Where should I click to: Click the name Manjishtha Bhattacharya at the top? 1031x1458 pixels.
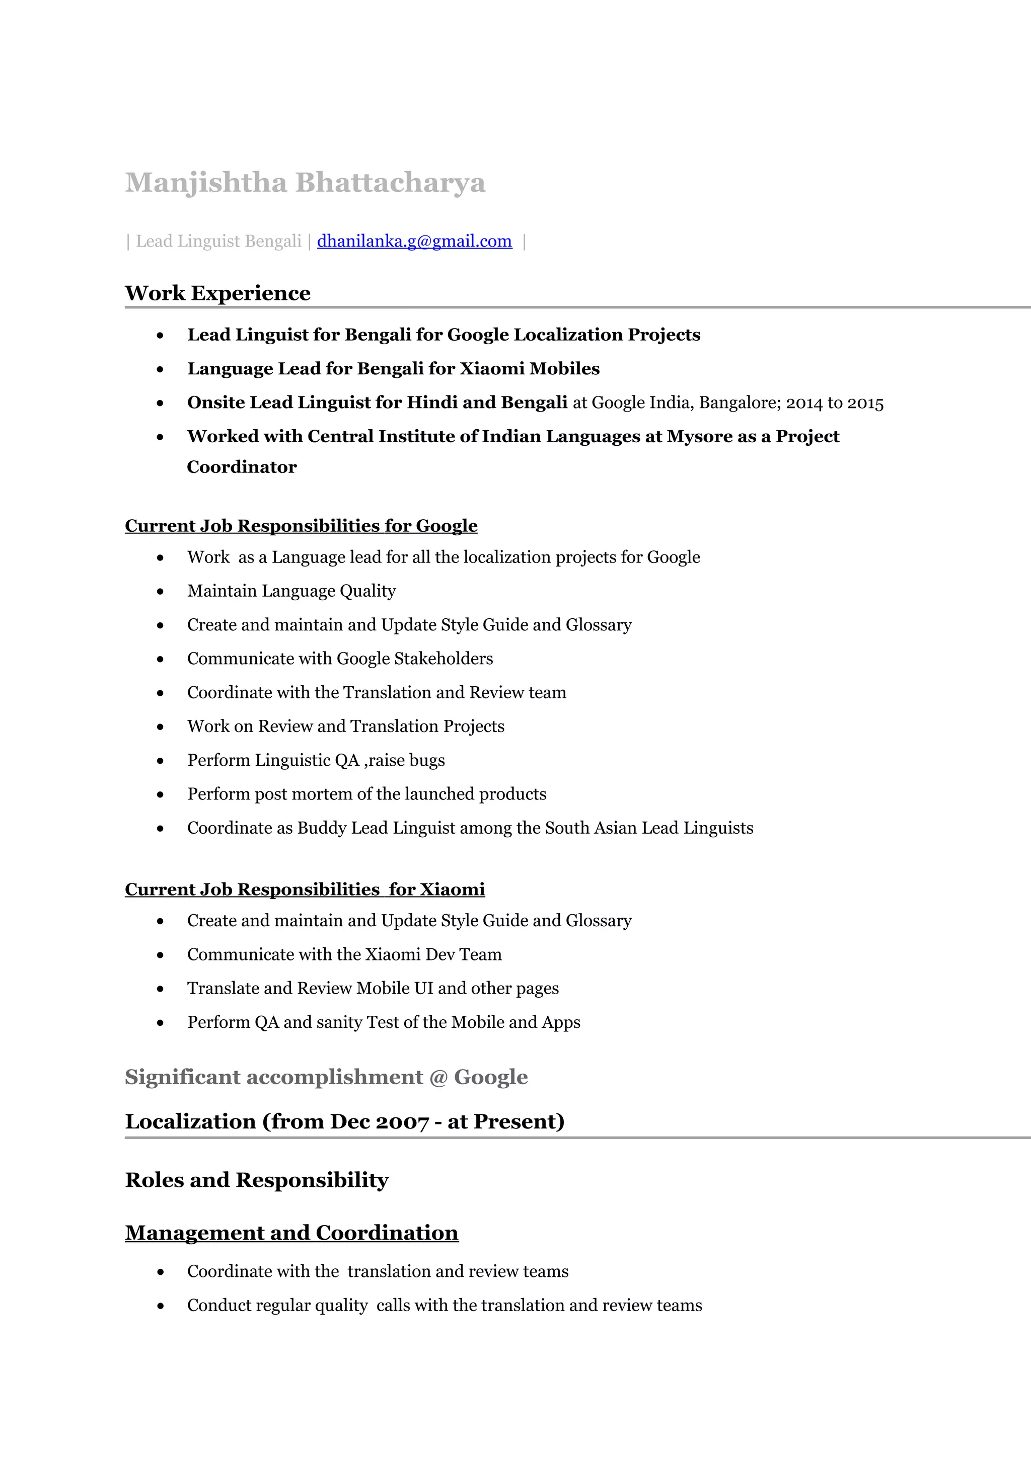(305, 183)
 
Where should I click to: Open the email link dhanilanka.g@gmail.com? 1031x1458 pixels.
(414, 241)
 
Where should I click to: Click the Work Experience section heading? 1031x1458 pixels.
(217, 293)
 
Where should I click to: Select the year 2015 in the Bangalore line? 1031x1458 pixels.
(865, 403)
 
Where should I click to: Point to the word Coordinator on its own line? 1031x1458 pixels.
(242, 467)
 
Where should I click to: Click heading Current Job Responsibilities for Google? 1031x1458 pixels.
(301, 526)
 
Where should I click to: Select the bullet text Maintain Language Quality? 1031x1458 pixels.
(291, 591)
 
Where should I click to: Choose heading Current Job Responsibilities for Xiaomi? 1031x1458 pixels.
(304, 889)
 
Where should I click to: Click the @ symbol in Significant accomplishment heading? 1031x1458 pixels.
(438, 1078)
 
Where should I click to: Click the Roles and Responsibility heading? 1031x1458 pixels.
(257, 1180)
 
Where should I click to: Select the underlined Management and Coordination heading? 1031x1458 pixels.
(291, 1233)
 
